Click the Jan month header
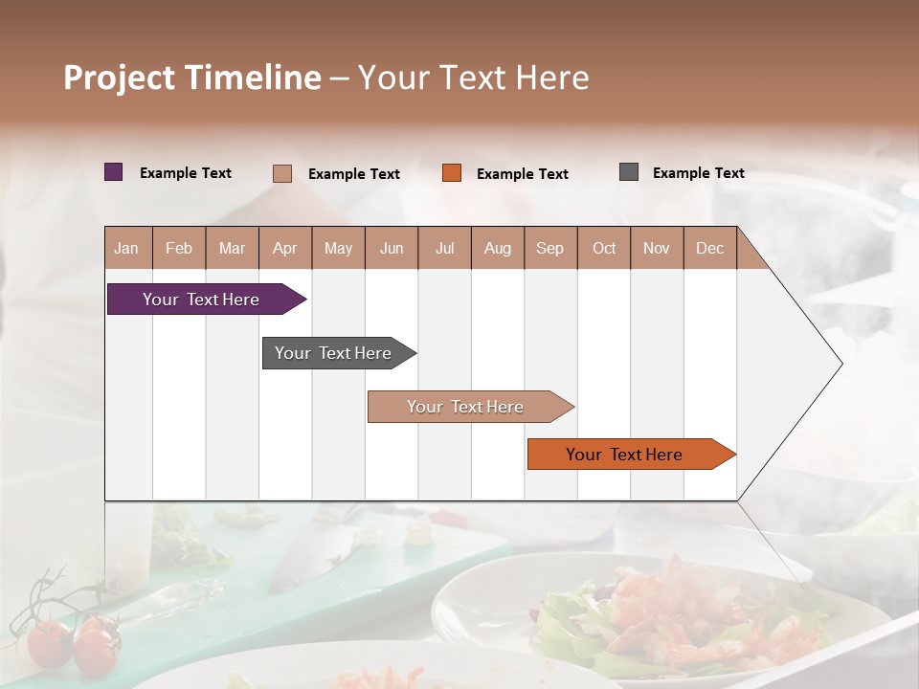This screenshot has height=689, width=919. [126, 249]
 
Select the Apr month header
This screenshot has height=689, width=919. [285, 249]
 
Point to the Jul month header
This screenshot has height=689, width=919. [445, 249]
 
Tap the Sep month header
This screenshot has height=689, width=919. [550, 249]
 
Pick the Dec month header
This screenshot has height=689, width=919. [709, 249]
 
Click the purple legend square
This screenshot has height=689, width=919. [114, 172]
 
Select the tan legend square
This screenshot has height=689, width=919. [282, 173]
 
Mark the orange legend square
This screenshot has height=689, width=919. [452, 172]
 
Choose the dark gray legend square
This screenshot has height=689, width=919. [629, 172]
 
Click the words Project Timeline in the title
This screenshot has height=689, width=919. [192, 78]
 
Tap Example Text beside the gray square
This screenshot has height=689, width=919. [698, 173]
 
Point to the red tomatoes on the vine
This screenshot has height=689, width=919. [72, 643]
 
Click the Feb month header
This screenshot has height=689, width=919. [179, 249]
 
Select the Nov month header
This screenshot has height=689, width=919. [657, 249]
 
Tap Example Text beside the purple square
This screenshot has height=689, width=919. [186, 173]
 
